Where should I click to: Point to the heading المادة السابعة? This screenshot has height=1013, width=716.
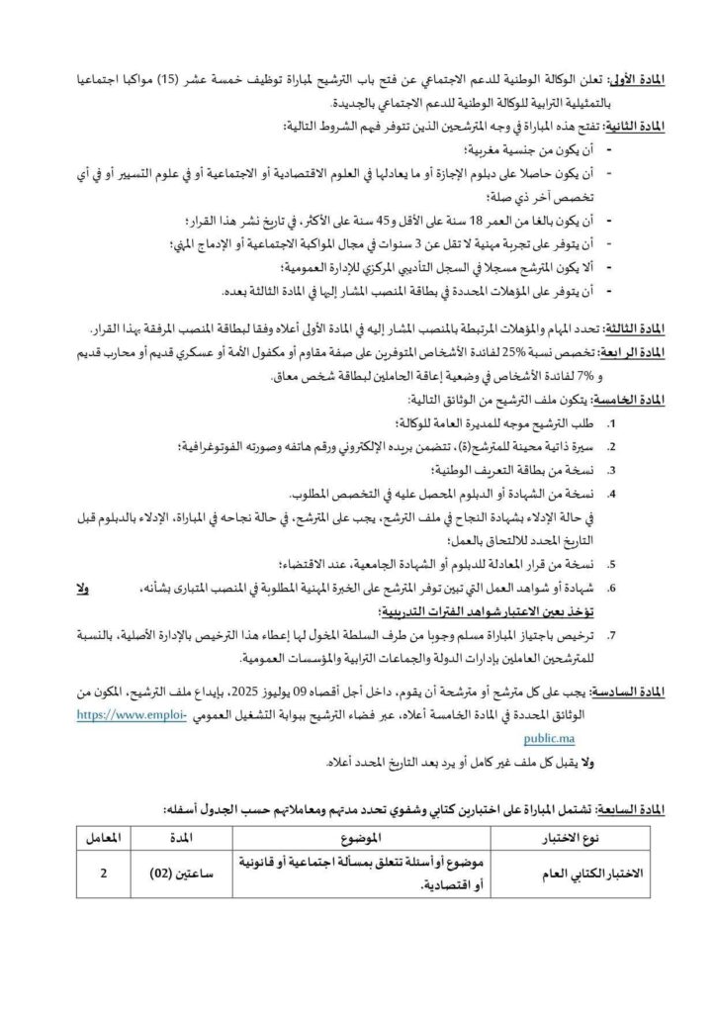632,810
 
